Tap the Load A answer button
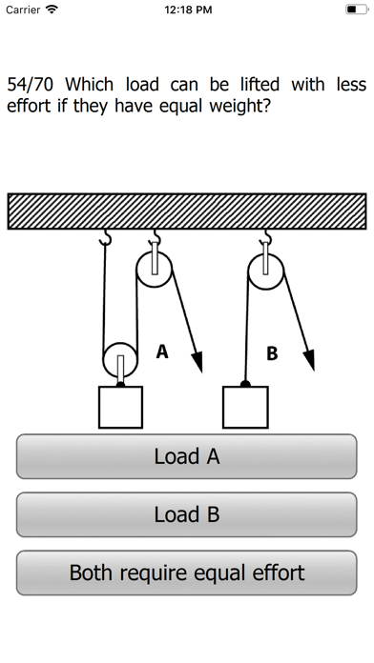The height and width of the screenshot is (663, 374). (x=187, y=456)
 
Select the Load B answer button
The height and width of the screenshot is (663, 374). (x=187, y=514)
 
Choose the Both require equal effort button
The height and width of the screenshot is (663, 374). (x=187, y=573)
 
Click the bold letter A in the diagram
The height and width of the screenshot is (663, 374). (x=162, y=352)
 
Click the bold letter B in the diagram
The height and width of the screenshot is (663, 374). (x=272, y=353)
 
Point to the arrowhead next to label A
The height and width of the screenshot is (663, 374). (x=197, y=362)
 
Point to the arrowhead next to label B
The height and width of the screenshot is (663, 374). (x=309, y=360)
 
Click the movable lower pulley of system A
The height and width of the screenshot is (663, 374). (x=120, y=360)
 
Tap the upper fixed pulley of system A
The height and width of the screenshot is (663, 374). (x=155, y=270)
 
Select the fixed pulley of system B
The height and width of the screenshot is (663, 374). (x=265, y=271)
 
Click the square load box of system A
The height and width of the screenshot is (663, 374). (x=121, y=407)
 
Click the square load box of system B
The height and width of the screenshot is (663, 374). (x=245, y=407)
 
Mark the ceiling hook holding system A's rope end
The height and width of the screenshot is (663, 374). (x=105, y=237)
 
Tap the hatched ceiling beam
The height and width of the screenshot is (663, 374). (x=187, y=211)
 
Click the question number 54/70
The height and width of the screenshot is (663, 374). (x=31, y=85)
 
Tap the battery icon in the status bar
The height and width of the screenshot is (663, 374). (x=357, y=10)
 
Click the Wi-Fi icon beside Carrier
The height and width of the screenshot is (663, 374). (x=52, y=10)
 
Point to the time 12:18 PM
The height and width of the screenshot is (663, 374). (x=188, y=10)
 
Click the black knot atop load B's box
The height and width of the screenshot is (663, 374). (x=245, y=384)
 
